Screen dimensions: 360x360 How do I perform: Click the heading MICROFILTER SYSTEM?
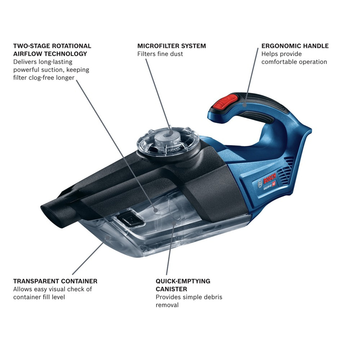coord(172,46)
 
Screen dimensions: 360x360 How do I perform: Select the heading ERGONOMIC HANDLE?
coord(295,46)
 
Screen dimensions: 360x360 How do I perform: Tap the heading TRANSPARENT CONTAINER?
coord(55,281)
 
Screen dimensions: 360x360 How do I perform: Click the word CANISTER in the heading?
coord(171,289)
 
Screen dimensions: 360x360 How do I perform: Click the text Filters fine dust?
coord(160,54)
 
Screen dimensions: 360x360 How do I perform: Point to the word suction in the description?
coord(50,69)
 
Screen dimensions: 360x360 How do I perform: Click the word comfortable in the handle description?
coord(279,62)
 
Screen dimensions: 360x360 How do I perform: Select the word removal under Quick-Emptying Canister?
coord(167,305)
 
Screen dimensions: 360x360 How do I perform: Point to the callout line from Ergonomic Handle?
coord(253,73)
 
